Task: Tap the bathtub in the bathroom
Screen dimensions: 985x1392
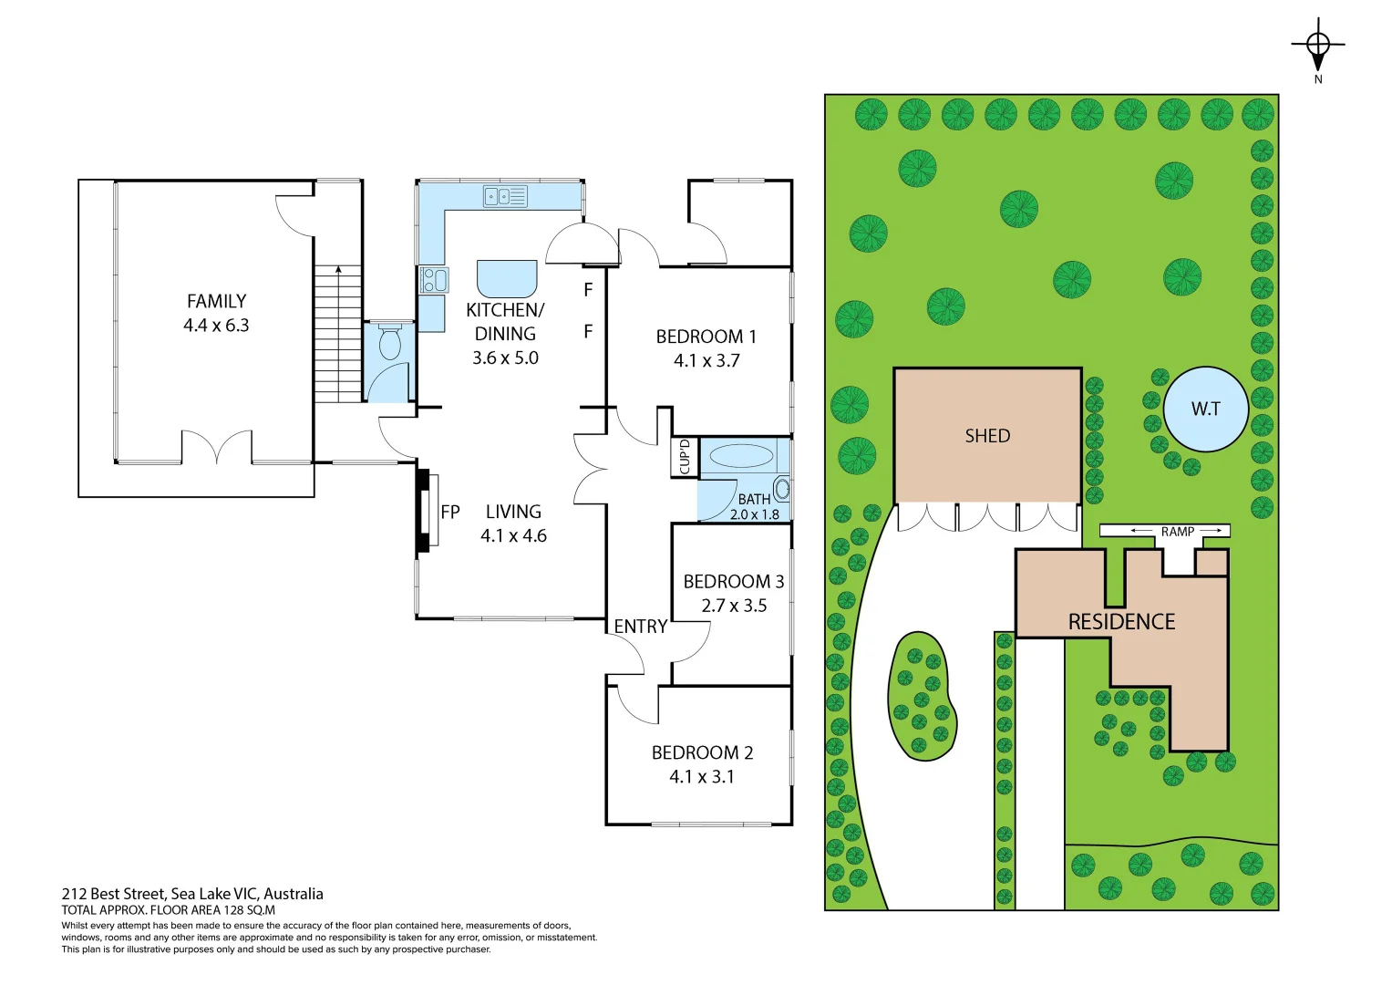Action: [x=740, y=455]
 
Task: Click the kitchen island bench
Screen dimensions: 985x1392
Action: [x=507, y=278]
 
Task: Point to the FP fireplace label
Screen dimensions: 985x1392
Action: [x=450, y=513]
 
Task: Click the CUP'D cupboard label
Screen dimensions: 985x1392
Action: [x=685, y=457]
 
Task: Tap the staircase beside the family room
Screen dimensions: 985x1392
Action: [x=338, y=334]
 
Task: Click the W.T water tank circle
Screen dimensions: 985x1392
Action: [x=1205, y=410]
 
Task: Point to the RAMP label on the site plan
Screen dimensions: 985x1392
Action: [x=1177, y=531]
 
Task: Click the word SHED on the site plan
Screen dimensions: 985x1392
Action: [x=987, y=436]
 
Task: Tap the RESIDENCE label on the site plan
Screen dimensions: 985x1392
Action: [x=1121, y=622]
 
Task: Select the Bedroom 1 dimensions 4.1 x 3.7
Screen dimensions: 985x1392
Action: [x=706, y=361]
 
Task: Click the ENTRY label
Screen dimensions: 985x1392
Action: [x=640, y=627]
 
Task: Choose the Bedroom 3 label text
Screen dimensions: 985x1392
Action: [x=733, y=582]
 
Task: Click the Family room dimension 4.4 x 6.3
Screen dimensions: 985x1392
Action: [x=216, y=326]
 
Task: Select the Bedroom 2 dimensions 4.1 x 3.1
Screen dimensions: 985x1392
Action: [x=701, y=777]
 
